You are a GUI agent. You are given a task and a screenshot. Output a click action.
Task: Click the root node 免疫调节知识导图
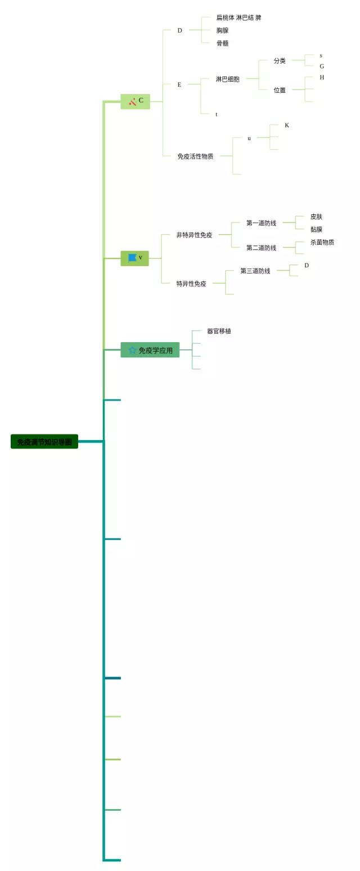(x=44, y=442)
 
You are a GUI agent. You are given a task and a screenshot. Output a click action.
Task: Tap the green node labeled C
(x=136, y=101)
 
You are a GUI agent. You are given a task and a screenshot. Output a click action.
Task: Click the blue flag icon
(x=132, y=258)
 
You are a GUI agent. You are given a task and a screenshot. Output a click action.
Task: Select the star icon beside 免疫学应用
(x=133, y=350)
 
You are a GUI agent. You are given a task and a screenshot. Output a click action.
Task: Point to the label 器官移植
(x=219, y=331)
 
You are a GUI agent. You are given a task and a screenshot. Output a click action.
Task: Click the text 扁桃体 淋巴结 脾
(x=238, y=18)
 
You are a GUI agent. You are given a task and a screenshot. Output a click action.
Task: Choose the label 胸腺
(x=222, y=30)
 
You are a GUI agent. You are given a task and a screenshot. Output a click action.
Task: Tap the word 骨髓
(x=222, y=43)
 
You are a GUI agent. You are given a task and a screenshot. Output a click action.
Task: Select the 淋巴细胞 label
(x=227, y=79)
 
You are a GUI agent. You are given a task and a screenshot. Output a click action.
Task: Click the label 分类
(x=280, y=61)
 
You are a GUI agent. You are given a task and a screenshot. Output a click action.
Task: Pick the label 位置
(x=280, y=90)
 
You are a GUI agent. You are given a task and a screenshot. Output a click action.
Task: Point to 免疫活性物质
(x=195, y=156)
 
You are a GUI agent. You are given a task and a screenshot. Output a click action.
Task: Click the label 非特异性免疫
(x=194, y=235)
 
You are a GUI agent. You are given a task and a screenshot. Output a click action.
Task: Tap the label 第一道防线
(x=261, y=223)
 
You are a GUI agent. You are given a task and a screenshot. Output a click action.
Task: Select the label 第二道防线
(x=261, y=248)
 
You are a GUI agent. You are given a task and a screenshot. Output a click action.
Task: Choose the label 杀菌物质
(x=322, y=243)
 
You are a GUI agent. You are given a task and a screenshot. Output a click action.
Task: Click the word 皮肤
(x=316, y=217)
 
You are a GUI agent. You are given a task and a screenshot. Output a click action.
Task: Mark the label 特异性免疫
(x=191, y=284)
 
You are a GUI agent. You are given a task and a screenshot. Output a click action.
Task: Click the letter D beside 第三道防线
(x=307, y=266)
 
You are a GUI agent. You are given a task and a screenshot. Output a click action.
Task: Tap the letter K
(x=287, y=125)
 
